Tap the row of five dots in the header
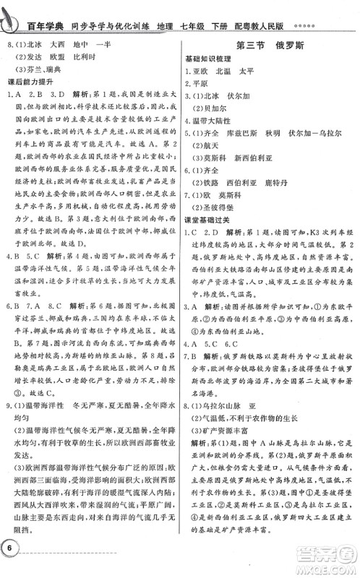point(343,14)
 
